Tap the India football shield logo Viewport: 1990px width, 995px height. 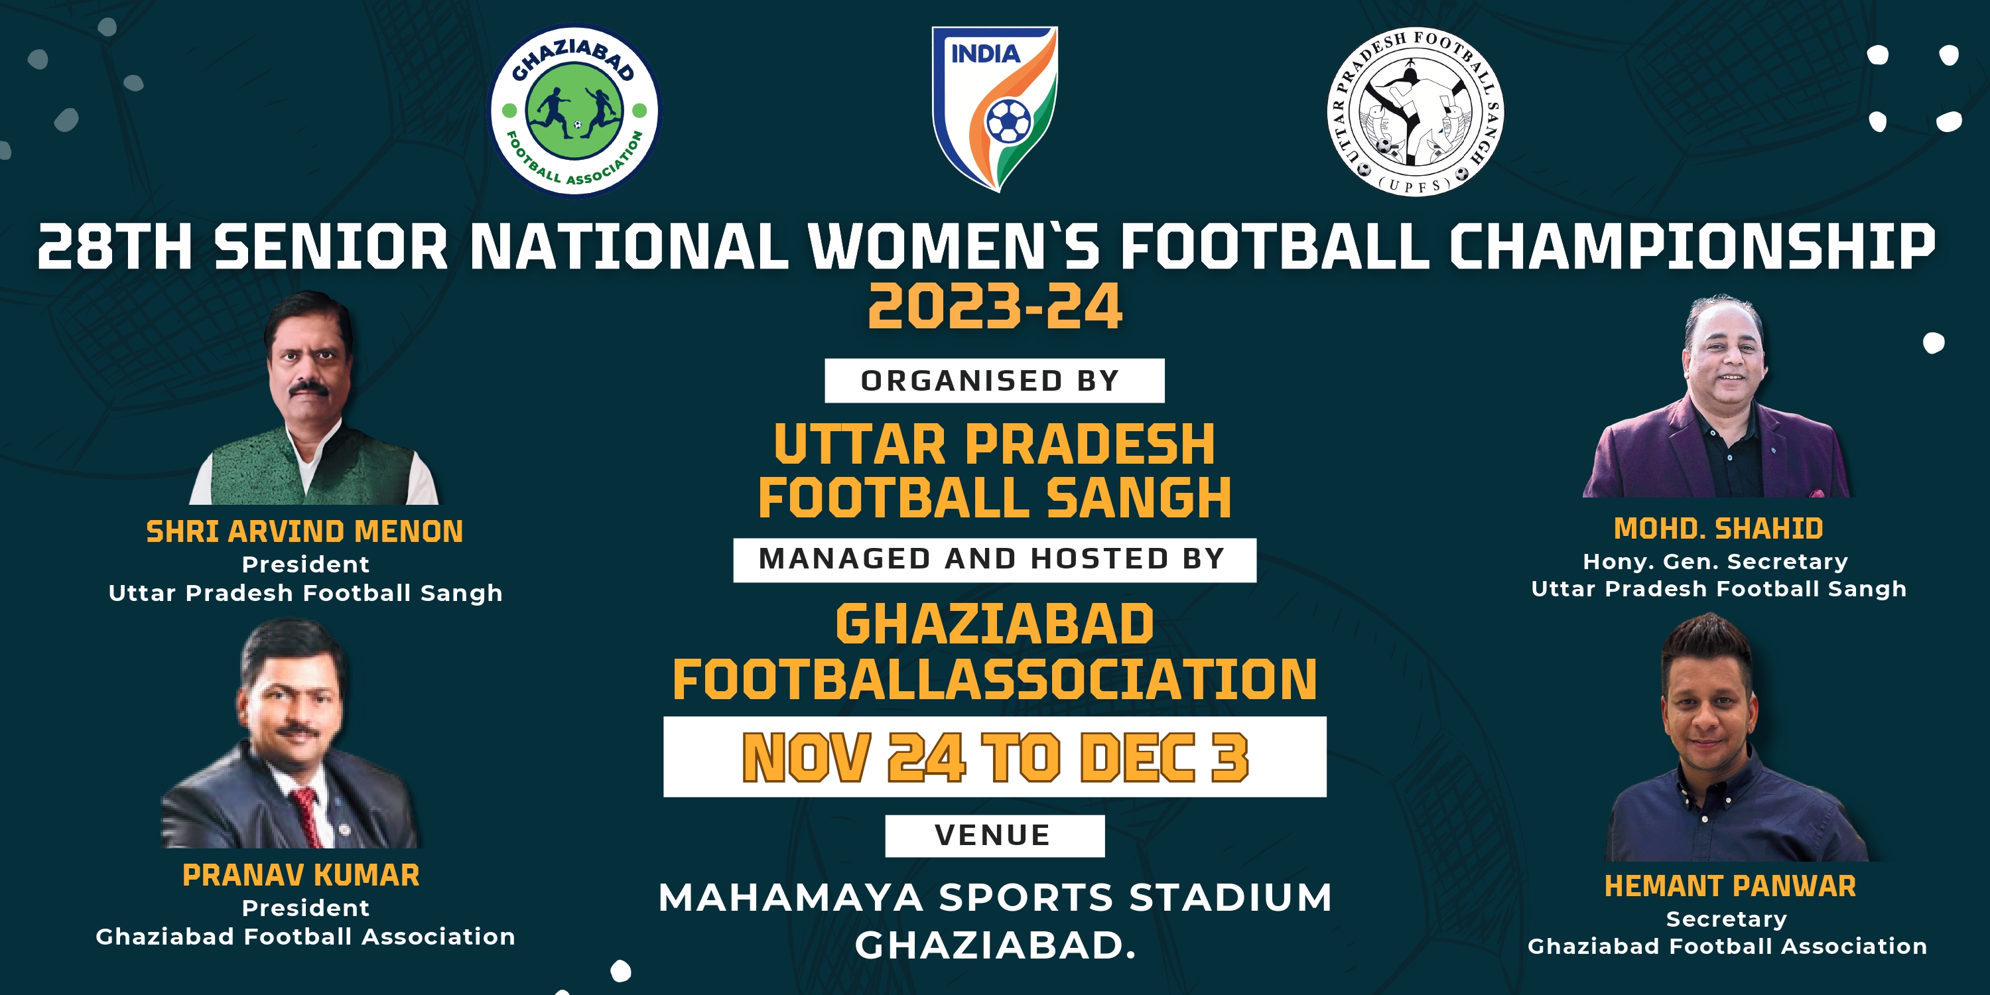click(x=995, y=108)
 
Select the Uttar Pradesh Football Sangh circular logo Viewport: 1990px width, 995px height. click(x=1416, y=111)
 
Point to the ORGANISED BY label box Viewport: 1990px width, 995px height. click(x=994, y=381)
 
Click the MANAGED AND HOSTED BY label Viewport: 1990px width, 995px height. click(x=994, y=559)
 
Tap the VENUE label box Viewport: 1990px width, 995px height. click(x=994, y=835)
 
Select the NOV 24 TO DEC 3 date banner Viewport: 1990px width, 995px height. click(x=995, y=757)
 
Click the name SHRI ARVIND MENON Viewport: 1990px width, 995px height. click(x=304, y=531)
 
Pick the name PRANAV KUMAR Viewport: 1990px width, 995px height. click(x=301, y=875)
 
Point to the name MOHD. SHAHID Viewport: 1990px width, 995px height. click(x=1719, y=529)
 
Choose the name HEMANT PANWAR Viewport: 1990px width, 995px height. click(x=1731, y=886)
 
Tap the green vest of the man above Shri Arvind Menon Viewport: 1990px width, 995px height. click(x=309, y=468)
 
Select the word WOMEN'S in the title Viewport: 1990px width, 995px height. click(x=954, y=247)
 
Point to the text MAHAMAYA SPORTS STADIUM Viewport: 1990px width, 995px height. click(x=995, y=897)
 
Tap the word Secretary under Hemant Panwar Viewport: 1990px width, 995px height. click(x=1727, y=919)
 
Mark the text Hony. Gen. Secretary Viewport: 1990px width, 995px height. click(x=1716, y=562)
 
